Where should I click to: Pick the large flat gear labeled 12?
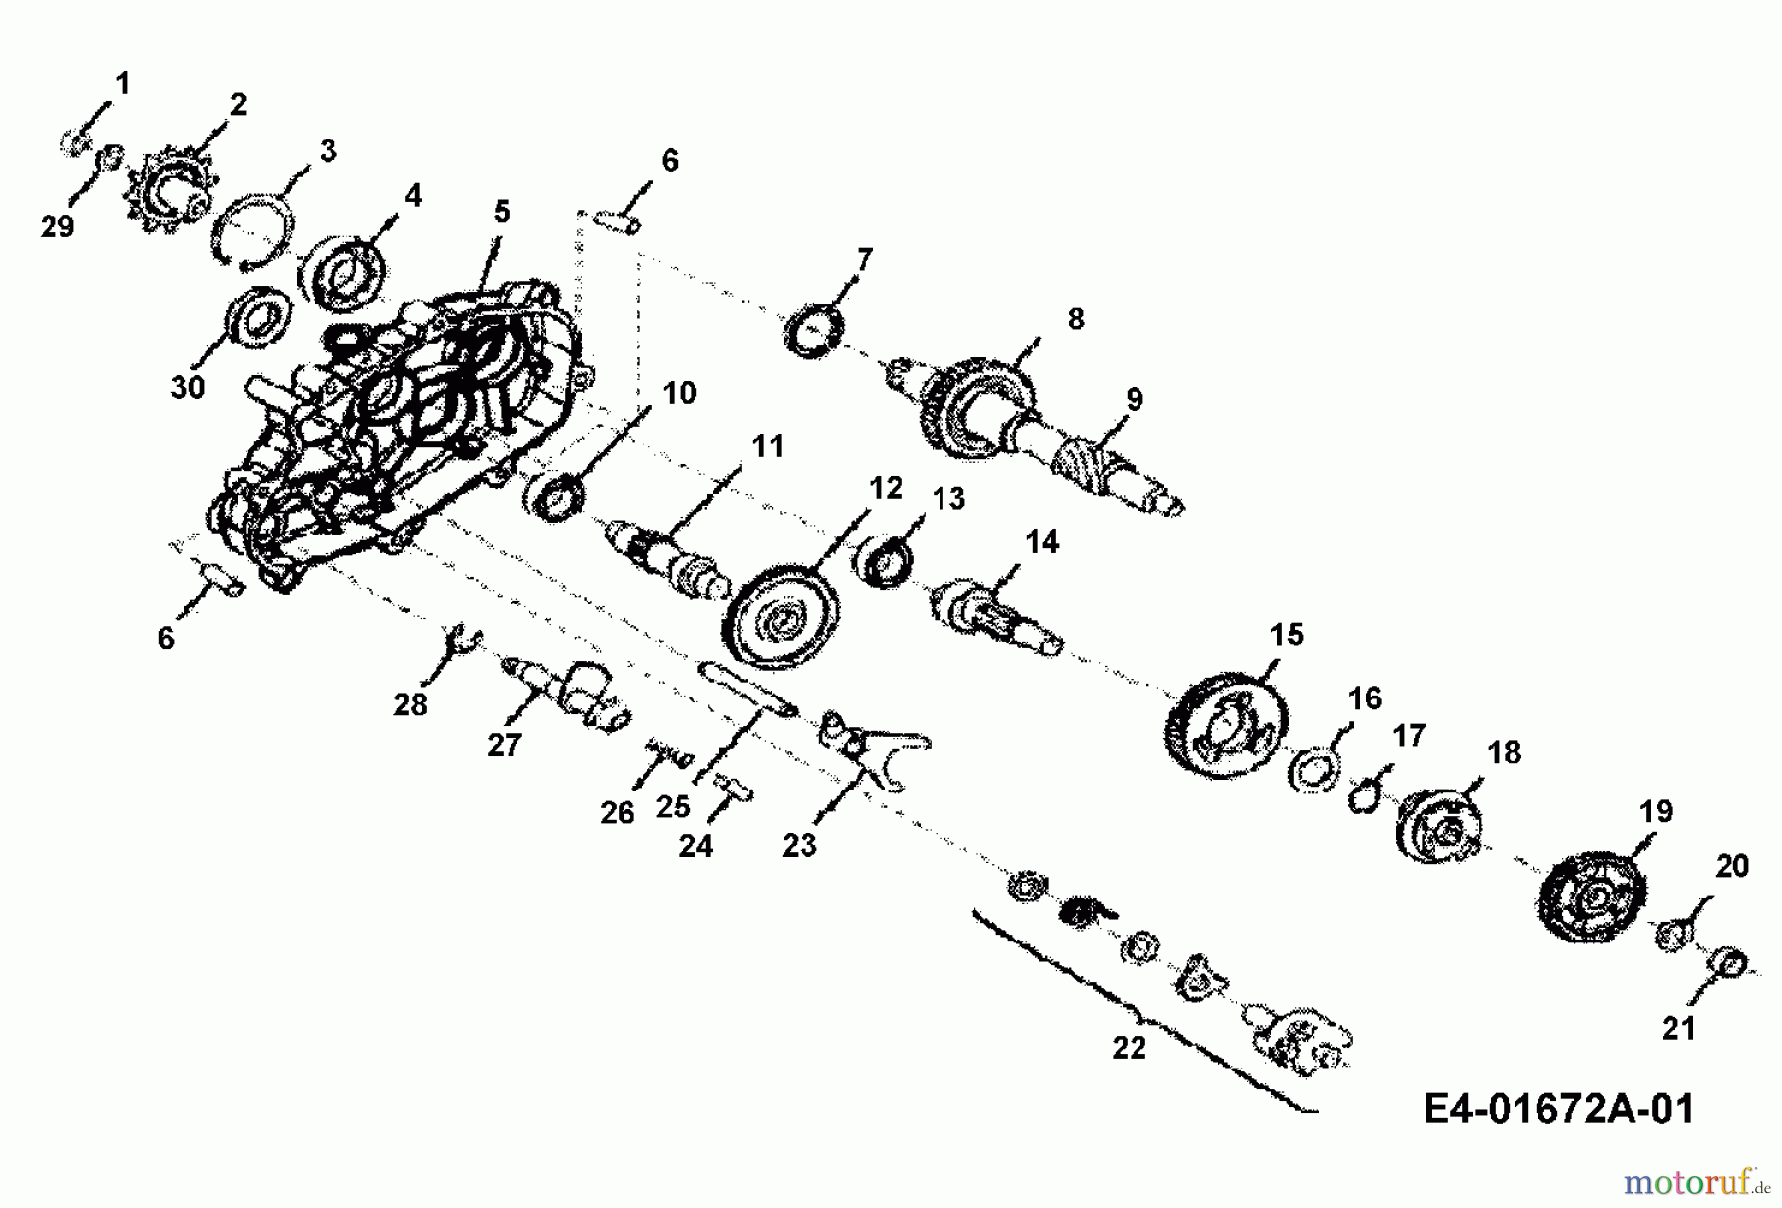tap(782, 619)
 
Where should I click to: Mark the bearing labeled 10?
tap(554, 494)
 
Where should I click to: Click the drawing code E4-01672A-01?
tap(1558, 1108)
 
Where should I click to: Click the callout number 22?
tap(1129, 1047)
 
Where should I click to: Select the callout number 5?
tap(502, 211)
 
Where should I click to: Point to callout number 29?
tap(57, 227)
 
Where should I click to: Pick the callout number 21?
tap(1679, 1028)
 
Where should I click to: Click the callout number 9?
tap(1134, 399)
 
